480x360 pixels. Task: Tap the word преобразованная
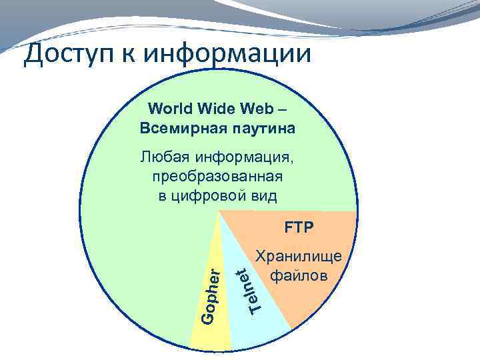point(217,177)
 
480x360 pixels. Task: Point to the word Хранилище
point(299,257)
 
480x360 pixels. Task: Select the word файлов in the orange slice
point(299,275)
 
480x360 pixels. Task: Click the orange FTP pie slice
point(313,300)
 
